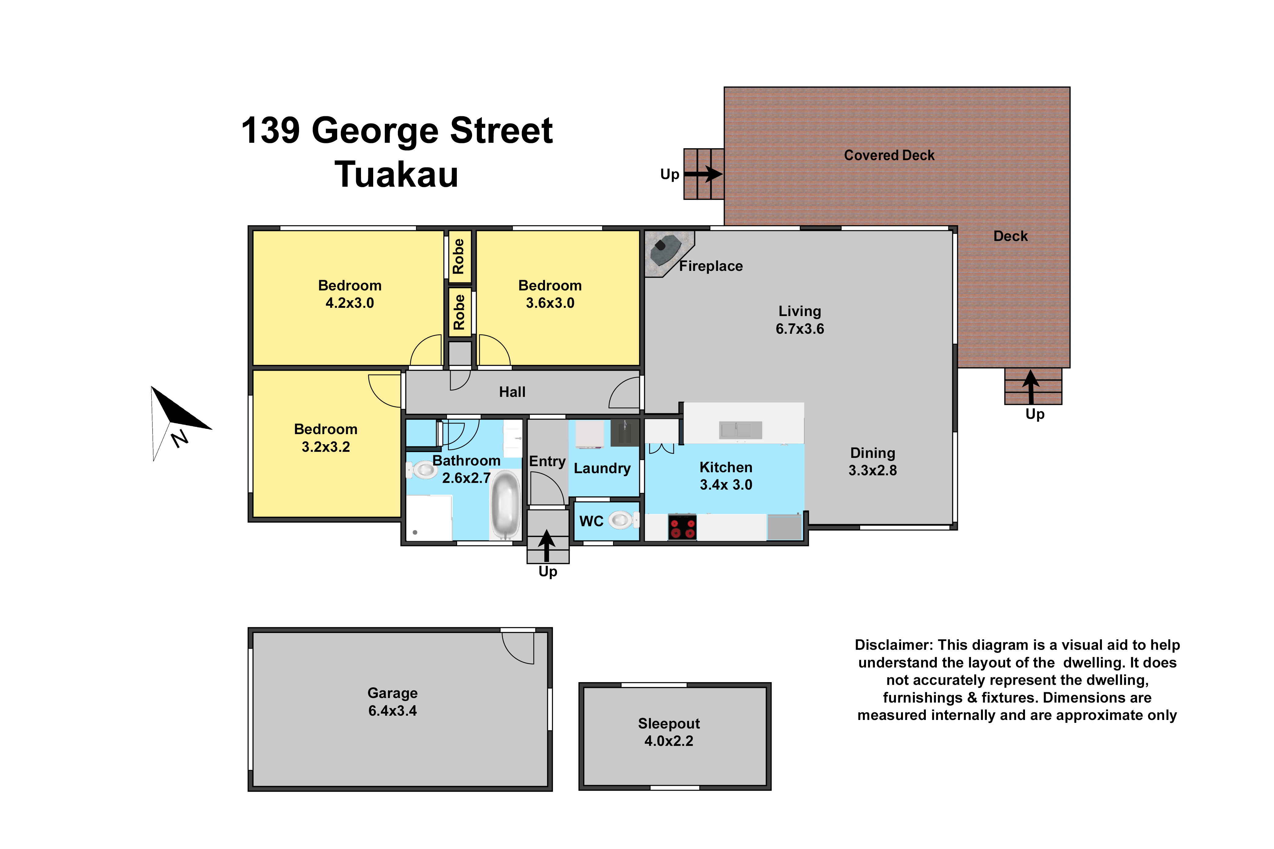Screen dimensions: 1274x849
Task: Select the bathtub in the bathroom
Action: (505, 505)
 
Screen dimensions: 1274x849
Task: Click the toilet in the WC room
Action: (623, 520)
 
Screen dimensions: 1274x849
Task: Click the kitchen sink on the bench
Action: (740, 430)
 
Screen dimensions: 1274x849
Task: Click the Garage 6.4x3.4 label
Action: (392, 702)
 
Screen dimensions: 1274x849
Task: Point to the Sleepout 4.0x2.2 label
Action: (669, 732)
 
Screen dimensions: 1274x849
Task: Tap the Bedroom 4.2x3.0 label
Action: (350, 294)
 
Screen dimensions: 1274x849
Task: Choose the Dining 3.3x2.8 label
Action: (872, 461)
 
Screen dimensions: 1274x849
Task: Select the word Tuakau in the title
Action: (396, 174)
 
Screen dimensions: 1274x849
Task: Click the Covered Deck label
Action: (889, 155)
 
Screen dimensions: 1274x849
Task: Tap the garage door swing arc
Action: (514, 653)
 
